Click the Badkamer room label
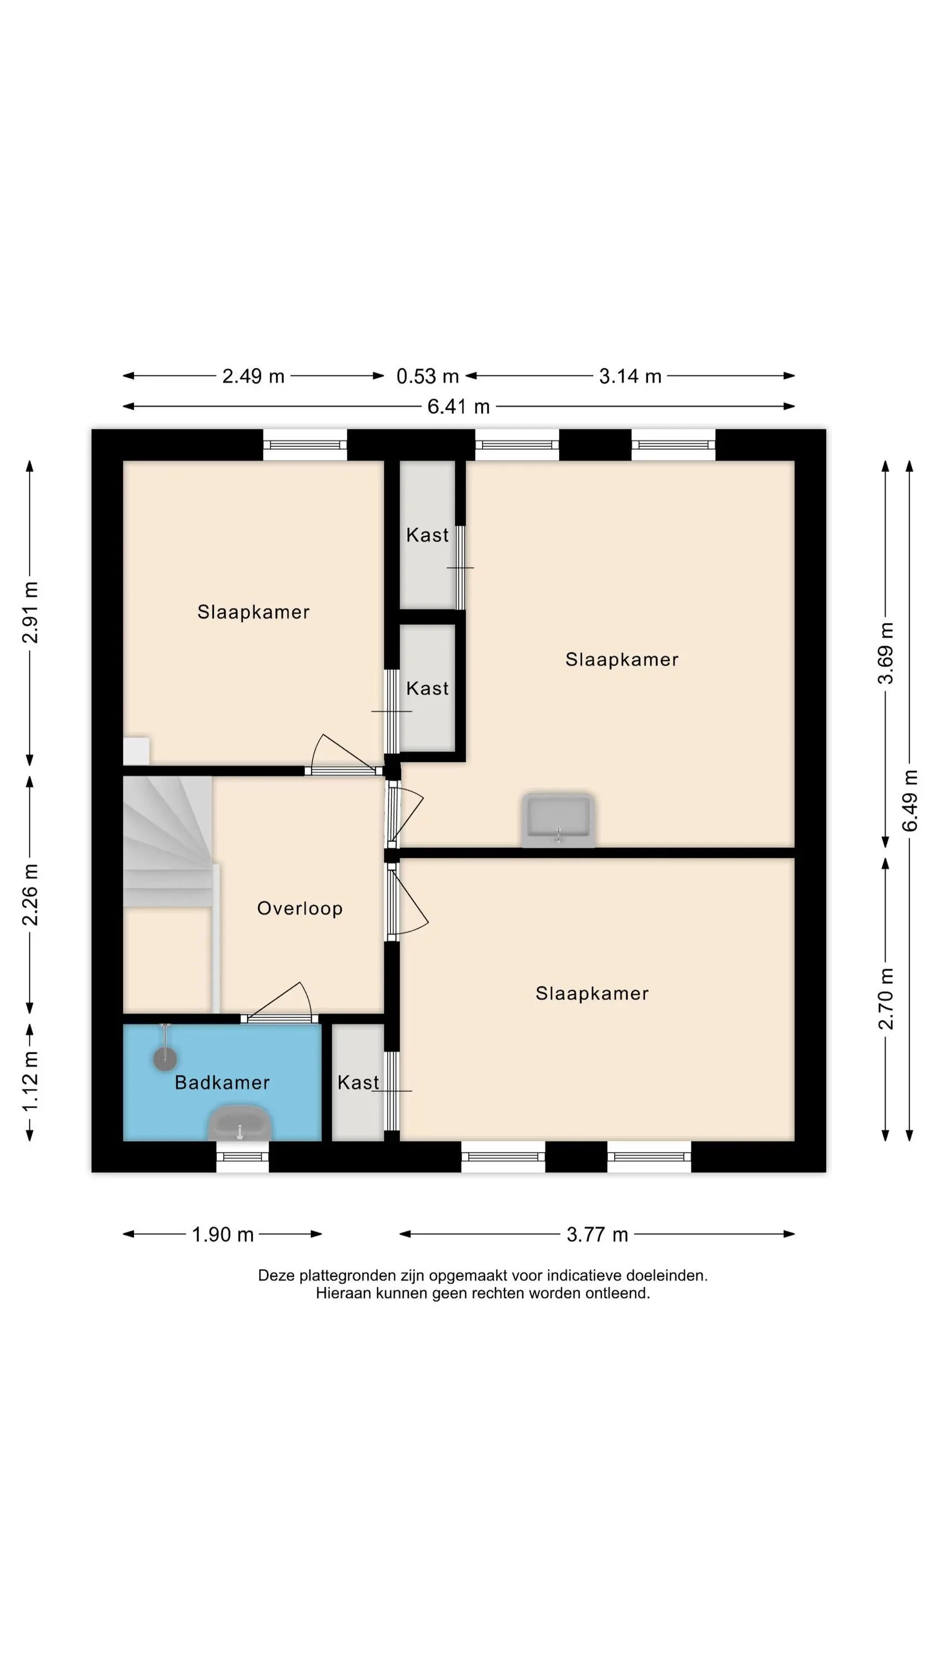[x=223, y=1082]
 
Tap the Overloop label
[x=299, y=908]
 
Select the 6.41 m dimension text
[x=458, y=406]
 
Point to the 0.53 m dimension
[x=428, y=376]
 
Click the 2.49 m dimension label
[x=253, y=376]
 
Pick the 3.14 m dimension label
[x=630, y=376]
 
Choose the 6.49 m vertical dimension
[x=910, y=800]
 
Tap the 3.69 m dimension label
[x=886, y=654]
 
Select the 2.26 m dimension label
[x=31, y=895]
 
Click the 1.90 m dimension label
[x=223, y=1234]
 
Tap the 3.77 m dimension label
[x=597, y=1234]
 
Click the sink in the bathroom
[x=239, y=1123]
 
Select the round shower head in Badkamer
[x=165, y=1059]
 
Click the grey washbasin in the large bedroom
[x=559, y=820]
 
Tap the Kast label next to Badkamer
[x=358, y=1082]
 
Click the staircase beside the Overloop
[x=168, y=842]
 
